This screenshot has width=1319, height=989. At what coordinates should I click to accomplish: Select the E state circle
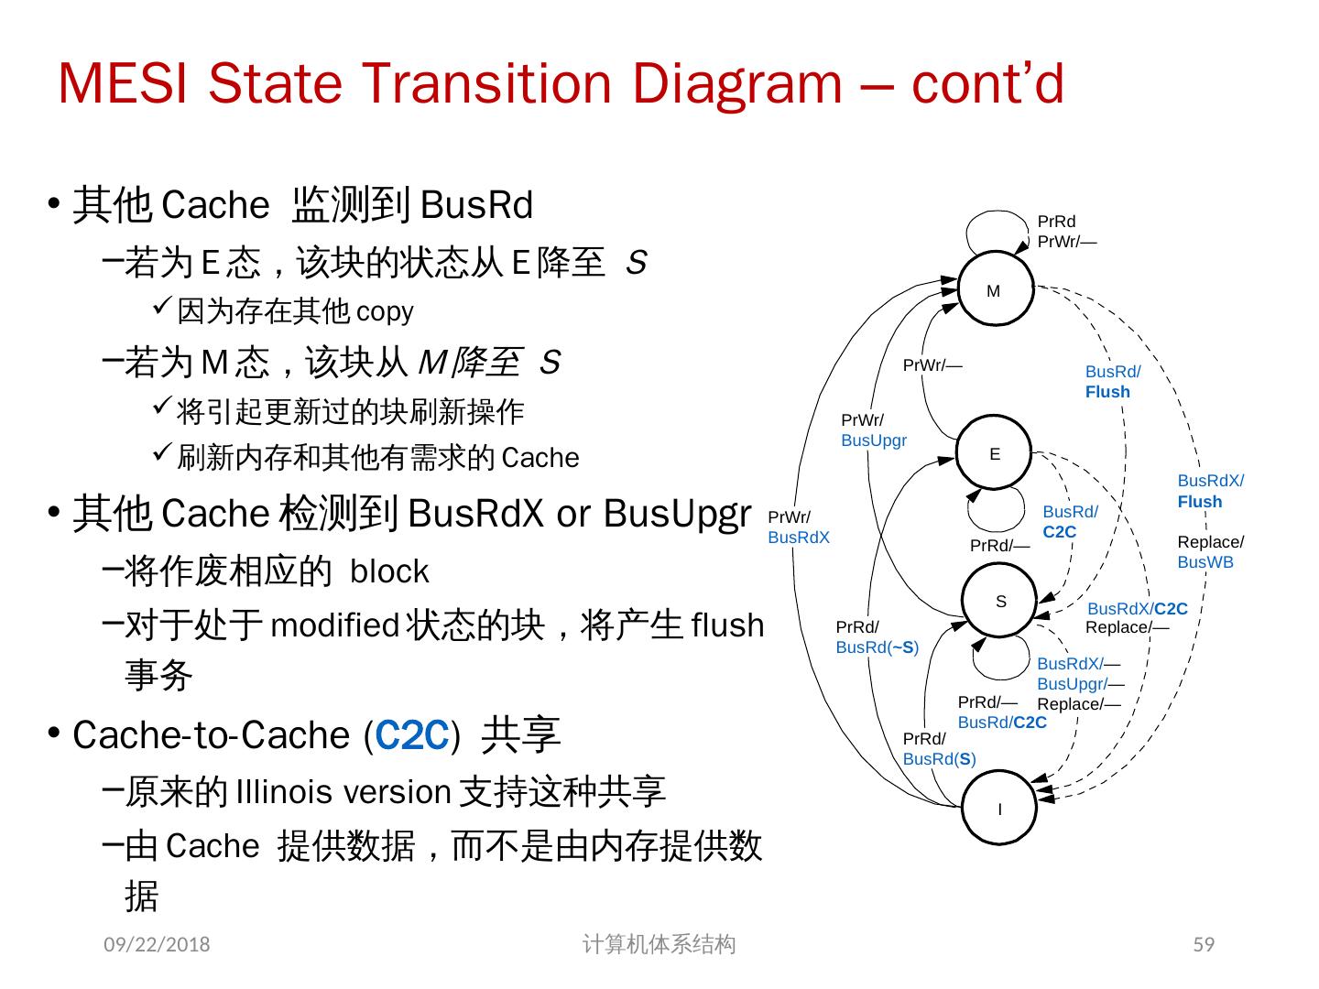[995, 453]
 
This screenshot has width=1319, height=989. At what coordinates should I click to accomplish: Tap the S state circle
[1000, 601]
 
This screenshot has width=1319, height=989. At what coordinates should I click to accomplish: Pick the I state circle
[999, 809]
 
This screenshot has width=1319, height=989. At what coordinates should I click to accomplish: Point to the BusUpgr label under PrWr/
[874, 440]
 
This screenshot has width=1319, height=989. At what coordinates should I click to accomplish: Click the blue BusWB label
[1205, 562]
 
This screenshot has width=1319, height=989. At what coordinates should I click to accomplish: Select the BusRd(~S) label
[877, 647]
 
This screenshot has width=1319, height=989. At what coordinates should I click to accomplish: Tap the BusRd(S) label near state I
[939, 759]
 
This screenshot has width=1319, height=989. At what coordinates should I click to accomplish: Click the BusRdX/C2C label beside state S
[1137, 609]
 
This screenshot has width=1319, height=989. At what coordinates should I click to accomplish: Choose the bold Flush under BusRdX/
[1200, 502]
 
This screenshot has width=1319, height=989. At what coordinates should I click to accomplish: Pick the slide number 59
[1204, 944]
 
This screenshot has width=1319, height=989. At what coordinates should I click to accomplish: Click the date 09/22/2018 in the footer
[156, 944]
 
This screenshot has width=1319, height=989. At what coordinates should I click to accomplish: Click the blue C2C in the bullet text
[411, 735]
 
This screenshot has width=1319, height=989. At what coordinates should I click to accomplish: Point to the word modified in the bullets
[334, 625]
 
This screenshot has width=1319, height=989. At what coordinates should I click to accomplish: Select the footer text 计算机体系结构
[659, 944]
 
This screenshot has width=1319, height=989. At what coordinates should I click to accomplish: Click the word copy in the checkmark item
[385, 311]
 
